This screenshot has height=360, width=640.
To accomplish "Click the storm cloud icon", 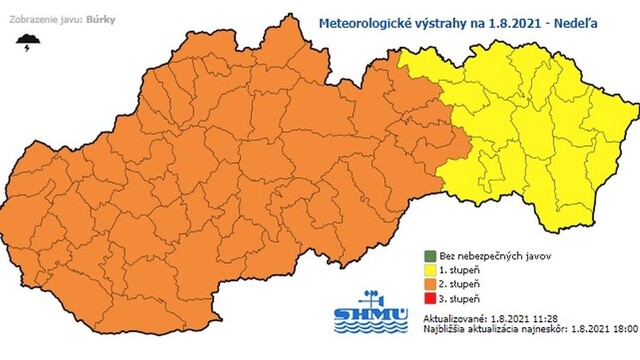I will (x=30, y=41).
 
